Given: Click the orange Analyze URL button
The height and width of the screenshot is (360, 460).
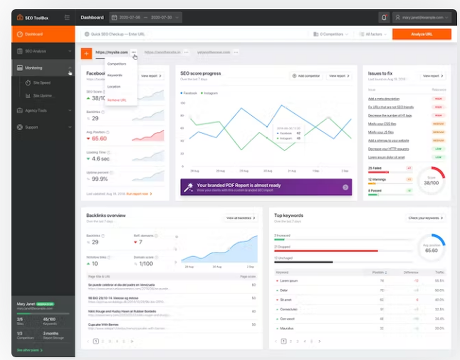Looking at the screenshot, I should point(421,34).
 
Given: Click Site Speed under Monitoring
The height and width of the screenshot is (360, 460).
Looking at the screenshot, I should point(42,83).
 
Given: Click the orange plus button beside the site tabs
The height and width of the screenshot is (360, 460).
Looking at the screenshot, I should point(86,53).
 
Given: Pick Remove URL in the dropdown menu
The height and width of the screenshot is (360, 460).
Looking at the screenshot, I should point(117,100).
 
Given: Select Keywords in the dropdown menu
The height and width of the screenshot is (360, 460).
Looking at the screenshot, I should point(115,75).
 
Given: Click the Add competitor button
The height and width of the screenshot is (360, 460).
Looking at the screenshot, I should point(306,76).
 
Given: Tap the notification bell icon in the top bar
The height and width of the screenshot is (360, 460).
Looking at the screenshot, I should point(384,17).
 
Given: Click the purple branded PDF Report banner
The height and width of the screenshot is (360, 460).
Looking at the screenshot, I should point(266,187).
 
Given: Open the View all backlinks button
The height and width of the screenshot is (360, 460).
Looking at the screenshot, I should point(241,217).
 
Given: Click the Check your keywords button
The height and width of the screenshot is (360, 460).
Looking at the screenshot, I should point(426,217).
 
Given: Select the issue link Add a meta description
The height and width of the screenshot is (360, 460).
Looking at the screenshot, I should point(384,99).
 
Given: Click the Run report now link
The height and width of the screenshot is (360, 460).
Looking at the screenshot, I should point(138,194).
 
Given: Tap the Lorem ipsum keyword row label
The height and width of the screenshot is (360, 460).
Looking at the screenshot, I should point(289,280).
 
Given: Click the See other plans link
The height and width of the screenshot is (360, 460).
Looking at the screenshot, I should point(30,350).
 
